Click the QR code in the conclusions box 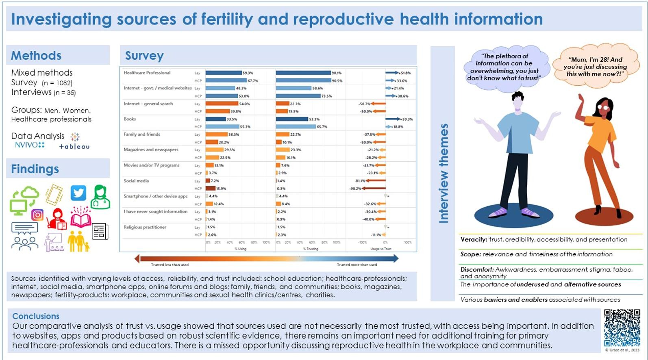[622, 327]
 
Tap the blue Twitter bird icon [78, 193]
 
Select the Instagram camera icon [37, 215]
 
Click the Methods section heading [36, 55]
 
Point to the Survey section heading [144, 55]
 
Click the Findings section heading [35, 169]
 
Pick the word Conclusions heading [36, 316]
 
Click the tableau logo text [74, 147]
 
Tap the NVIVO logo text [29, 145]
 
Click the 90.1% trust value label [337, 73]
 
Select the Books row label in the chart [130, 119]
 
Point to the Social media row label [136, 181]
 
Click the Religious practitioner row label [145, 227]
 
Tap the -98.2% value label [355, 189]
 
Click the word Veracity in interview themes [473, 240]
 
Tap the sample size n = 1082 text [57, 83]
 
